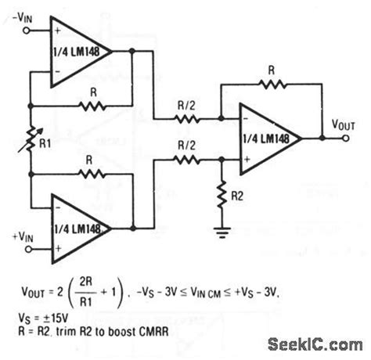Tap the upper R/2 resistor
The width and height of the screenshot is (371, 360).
click(185, 120)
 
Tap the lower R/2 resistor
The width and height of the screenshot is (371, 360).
click(185, 159)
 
